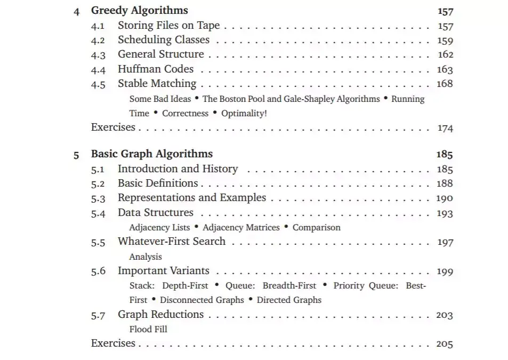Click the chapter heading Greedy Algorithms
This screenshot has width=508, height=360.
tap(139, 11)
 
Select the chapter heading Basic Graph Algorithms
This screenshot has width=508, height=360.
tap(151, 154)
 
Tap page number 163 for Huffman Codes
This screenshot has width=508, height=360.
tap(445, 69)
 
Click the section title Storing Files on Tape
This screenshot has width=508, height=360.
tap(168, 26)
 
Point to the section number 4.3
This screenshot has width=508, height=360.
tap(98, 55)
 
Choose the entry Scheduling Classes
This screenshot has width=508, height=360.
tap(164, 40)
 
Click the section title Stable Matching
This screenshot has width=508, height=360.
tap(157, 84)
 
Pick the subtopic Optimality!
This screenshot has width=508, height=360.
tap(244, 113)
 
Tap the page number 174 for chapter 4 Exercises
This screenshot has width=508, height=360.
tap(445, 128)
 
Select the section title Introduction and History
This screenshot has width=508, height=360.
tap(178, 169)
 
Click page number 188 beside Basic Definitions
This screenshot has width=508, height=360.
tap(445, 183)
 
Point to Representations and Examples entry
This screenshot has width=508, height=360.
tap(191, 198)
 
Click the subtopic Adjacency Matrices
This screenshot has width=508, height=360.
tap(241, 228)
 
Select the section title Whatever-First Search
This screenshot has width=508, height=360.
tap(172, 242)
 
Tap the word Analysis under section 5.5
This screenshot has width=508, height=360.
tap(146, 257)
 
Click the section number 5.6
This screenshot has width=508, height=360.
tap(98, 271)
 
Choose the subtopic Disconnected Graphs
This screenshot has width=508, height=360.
tap(201, 300)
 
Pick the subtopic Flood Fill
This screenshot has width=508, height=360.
tap(148, 329)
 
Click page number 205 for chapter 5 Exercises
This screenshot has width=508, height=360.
tap(445, 344)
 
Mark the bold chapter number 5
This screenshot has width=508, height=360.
tap(76, 155)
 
